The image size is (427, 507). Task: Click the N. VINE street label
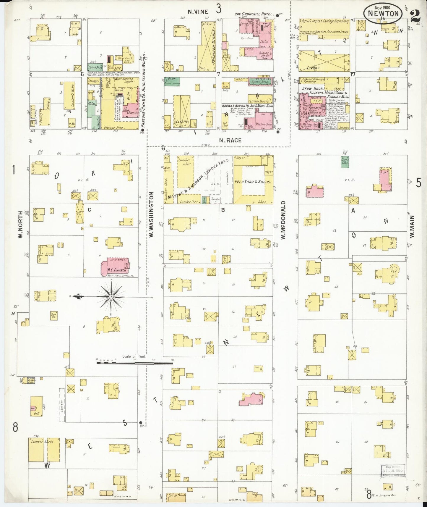tap(198, 12)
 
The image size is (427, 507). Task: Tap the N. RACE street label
tap(230, 141)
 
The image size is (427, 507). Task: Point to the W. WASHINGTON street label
tap(151, 214)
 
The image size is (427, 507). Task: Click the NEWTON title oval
tap(383, 14)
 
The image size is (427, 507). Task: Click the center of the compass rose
tap(111, 297)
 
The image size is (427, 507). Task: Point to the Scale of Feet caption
tap(134, 356)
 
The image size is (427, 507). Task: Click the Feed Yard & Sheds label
tap(252, 182)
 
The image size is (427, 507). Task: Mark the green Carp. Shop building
tap(345, 162)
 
